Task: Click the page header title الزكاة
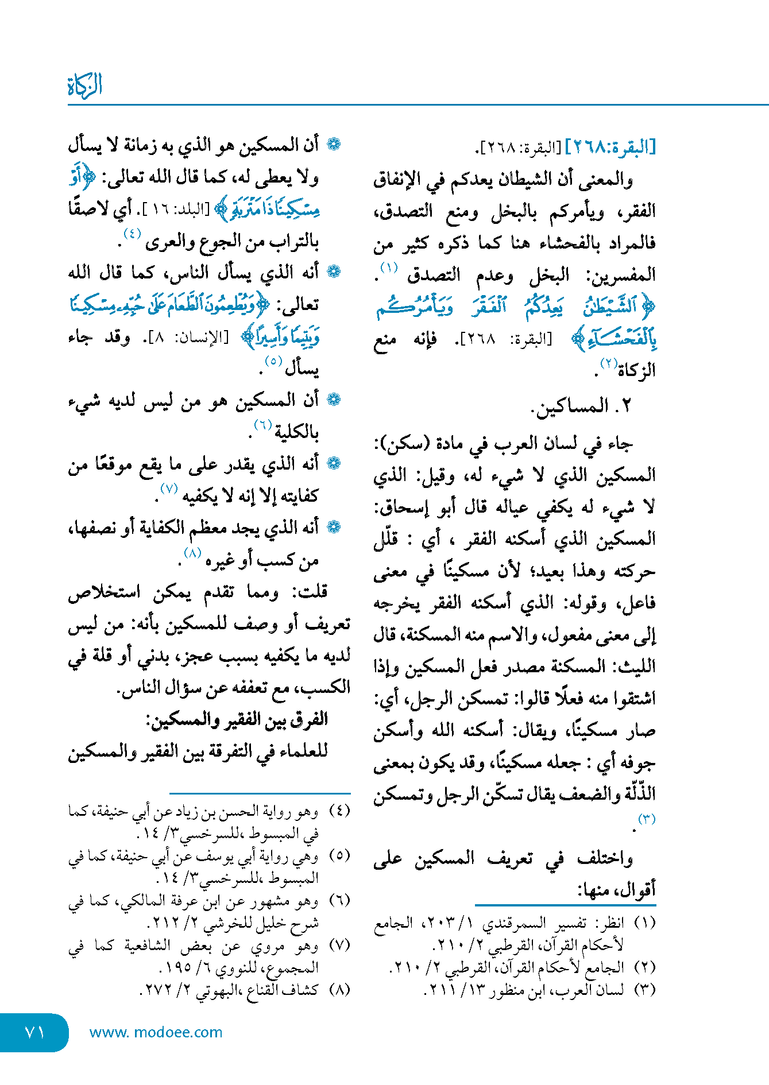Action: coord(85,86)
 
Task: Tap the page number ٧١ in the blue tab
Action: coord(35,1032)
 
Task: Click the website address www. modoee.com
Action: coord(156,1032)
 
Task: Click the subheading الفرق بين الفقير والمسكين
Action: coord(237,719)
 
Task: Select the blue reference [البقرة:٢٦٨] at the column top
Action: coord(610,148)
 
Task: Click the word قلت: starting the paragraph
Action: coord(311,592)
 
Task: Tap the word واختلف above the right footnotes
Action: coord(605,859)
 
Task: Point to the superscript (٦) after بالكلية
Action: coord(262,424)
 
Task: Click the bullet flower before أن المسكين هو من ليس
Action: coord(334,400)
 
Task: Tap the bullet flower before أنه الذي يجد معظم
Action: coord(334,526)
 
